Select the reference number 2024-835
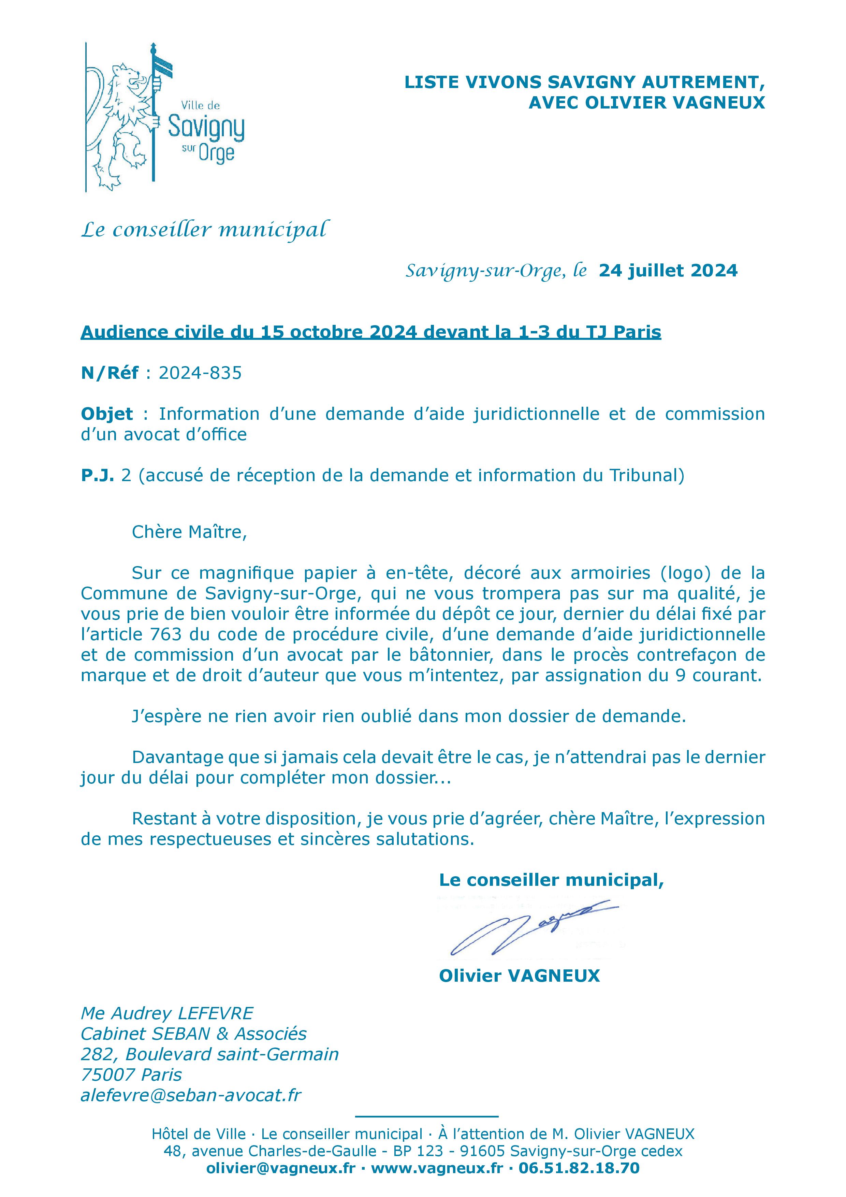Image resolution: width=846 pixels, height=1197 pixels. (x=200, y=373)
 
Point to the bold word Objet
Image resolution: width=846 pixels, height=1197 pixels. (x=107, y=414)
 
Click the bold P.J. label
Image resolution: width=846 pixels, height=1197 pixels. (x=97, y=475)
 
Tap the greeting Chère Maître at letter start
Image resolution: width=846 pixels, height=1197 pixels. (x=189, y=532)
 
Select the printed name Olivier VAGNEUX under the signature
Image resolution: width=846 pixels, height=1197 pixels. (x=519, y=976)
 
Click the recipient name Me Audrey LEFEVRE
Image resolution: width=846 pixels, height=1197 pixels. (x=167, y=1013)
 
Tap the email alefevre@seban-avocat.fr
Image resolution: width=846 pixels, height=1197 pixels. (x=191, y=1095)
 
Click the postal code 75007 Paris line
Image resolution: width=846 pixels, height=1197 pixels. (x=131, y=1075)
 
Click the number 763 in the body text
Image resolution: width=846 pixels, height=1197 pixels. (x=165, y=634)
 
